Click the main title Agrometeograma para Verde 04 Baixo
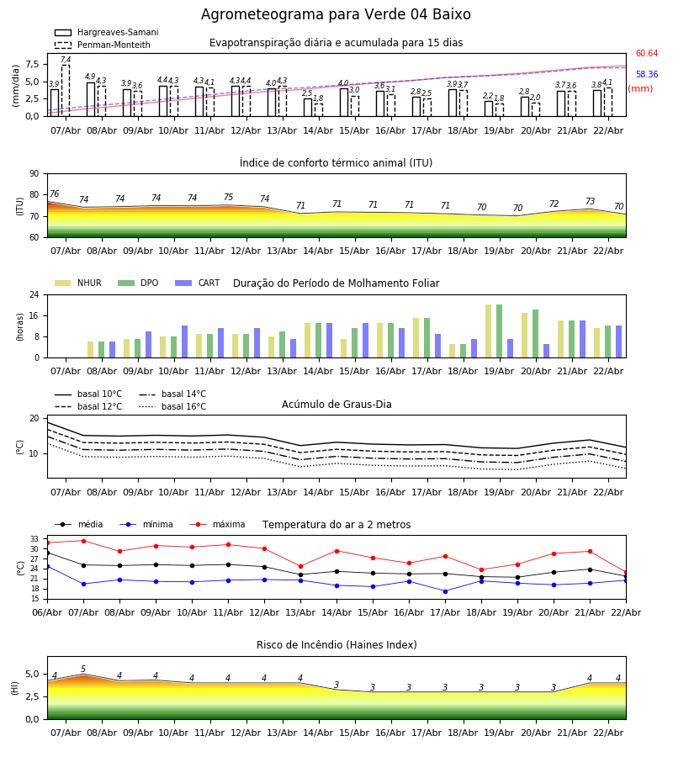point(336,15)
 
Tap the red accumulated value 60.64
point(647,54)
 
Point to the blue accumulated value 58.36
point(647,75)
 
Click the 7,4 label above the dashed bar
point(66,61)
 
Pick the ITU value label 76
point(55,194)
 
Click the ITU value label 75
point(228,198)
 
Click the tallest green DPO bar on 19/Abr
point(499,331)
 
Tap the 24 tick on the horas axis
point(37,295)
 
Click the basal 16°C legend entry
point(183,407)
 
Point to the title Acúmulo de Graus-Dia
point(336,405)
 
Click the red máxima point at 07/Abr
point(83,541)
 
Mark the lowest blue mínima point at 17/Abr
point(445,591)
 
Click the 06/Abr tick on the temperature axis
point(47,611)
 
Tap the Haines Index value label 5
point(83,670)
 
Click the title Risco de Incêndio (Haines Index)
point(336,645)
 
